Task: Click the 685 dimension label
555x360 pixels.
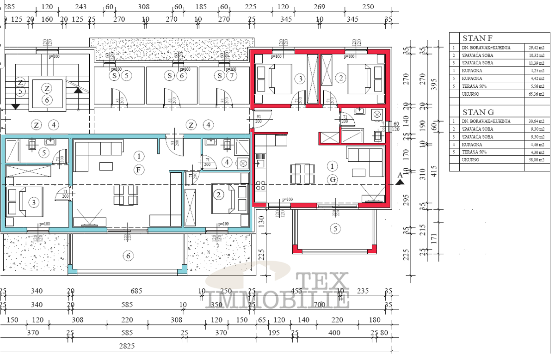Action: coord(136,291)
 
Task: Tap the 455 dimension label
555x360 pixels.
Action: coord(296,291)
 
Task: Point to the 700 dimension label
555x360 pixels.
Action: coord(319,305)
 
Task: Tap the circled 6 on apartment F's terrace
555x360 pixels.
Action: coord(129,255)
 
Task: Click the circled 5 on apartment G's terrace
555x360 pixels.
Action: coord(335,228)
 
